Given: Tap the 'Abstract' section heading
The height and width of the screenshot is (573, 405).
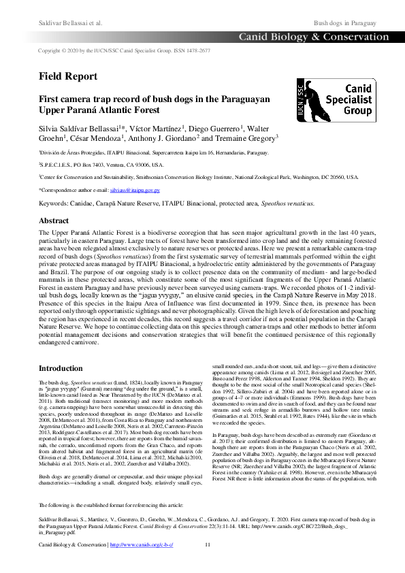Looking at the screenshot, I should [x=54, y=220].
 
